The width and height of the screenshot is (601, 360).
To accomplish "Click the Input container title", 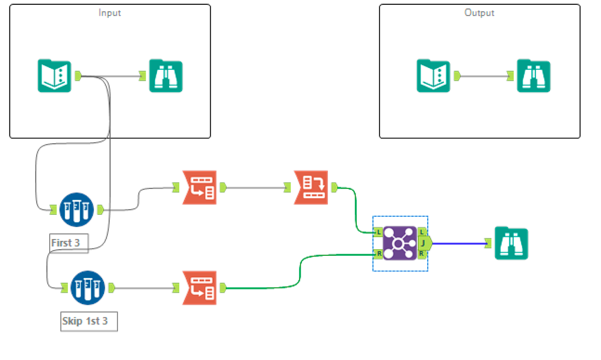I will (x=109, y=13).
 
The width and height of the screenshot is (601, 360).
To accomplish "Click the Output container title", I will (x=479, y=13).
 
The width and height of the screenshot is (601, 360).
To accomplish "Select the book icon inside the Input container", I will (x=54, y=76).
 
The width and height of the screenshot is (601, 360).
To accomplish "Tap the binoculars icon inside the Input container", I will (x=166, y=76).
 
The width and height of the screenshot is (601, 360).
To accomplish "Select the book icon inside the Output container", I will (x=433, y=76).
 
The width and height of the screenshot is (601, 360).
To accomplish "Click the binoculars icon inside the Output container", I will (x=534, y=76).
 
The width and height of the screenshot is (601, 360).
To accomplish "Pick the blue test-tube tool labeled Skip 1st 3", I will (x=88, y=288).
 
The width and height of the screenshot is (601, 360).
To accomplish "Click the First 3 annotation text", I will (x=66, y=243).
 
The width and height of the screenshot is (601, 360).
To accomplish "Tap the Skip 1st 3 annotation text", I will (x=85, y=321).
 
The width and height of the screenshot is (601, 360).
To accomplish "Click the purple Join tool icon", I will (x=400, y=243).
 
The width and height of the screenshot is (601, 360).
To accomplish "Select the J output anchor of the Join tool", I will (x=424, y=243).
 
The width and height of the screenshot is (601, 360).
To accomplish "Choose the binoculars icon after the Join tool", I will (x=511, y=243).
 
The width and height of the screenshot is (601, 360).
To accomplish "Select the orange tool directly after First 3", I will (x=199, y=188).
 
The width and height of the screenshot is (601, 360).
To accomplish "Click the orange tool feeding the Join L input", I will (x=311, y=188).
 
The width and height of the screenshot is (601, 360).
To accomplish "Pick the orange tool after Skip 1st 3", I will (x=199, y=288).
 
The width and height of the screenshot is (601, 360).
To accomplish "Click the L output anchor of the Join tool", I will (x=422, y=232).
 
